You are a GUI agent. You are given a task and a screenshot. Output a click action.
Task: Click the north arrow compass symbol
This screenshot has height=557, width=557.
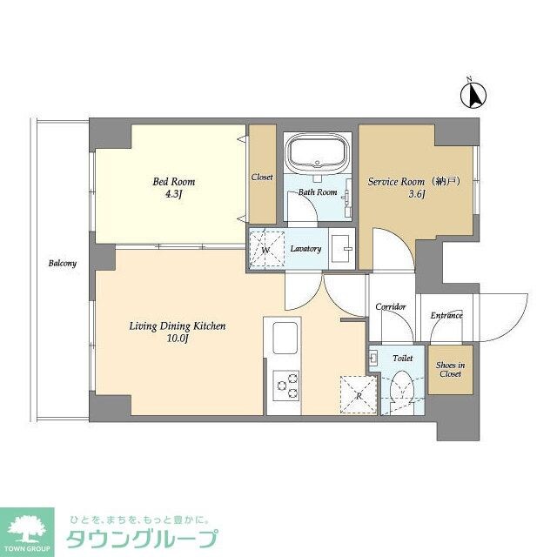[475, 93]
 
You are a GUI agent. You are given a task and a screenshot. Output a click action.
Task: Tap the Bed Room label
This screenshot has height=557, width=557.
[174, 182]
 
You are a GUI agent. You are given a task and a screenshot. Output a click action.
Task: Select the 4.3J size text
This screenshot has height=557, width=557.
[174, 194]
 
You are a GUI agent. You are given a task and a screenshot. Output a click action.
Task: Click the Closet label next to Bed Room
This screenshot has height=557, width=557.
[262, 177]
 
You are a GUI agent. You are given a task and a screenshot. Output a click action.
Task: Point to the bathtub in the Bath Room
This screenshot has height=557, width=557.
[318, 155]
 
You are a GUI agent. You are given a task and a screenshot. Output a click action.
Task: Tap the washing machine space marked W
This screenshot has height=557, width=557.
[265, 249]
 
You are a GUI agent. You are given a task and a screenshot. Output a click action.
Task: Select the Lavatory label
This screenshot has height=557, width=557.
[305, 249]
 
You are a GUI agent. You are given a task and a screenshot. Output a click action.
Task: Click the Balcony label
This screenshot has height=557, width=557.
[63, 264]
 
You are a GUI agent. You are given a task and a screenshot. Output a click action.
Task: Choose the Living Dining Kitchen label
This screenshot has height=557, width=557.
[178, 326]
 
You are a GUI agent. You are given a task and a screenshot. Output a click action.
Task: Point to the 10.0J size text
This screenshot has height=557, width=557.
[178, 339]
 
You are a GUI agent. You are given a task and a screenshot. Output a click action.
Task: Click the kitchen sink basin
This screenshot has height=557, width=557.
[285, 337]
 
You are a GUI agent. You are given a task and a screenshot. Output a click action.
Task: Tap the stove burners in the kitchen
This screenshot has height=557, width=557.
[285, 385]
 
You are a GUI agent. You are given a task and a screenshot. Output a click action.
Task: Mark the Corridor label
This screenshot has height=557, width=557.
[391, 307]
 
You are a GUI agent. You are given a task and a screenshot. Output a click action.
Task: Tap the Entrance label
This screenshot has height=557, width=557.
[446, 315]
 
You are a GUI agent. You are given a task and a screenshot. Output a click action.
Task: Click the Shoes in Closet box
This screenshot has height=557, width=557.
[450, 369]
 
